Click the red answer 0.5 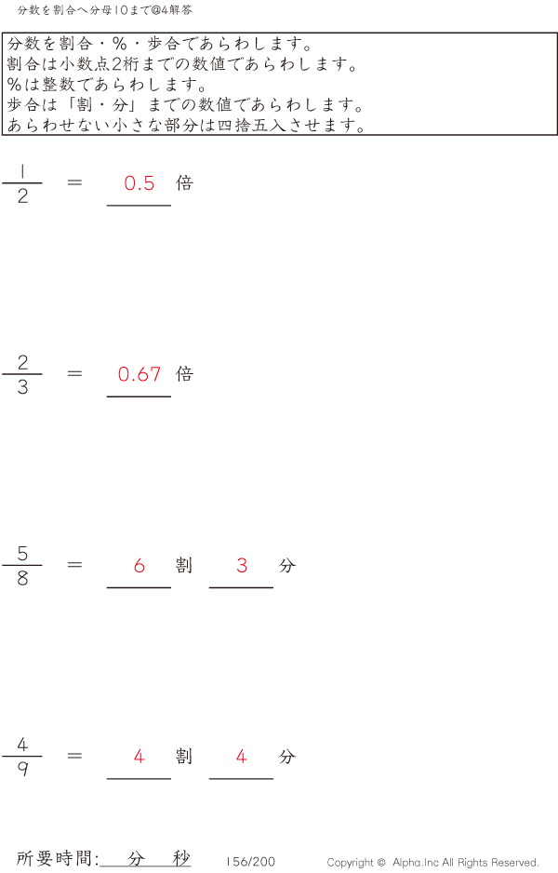point(139,183)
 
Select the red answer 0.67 point(139,374)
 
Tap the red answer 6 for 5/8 point(139,565)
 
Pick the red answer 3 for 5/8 point(242,565)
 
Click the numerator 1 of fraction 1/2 point(22,170)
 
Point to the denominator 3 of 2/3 point(22,387)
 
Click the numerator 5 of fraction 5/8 point(22,553)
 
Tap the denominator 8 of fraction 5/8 point(22,578)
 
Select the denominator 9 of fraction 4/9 point(22,770)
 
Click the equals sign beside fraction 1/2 point(75,182)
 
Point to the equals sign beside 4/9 point(75,756)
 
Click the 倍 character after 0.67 point(184,374)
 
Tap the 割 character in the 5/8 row point(184,565)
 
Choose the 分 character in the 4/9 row point(286,757)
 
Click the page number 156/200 point(250,862)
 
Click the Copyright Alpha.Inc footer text point(432,863)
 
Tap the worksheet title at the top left point(104,10)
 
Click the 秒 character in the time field point(180,858)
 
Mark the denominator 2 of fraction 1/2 point(22,196)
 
